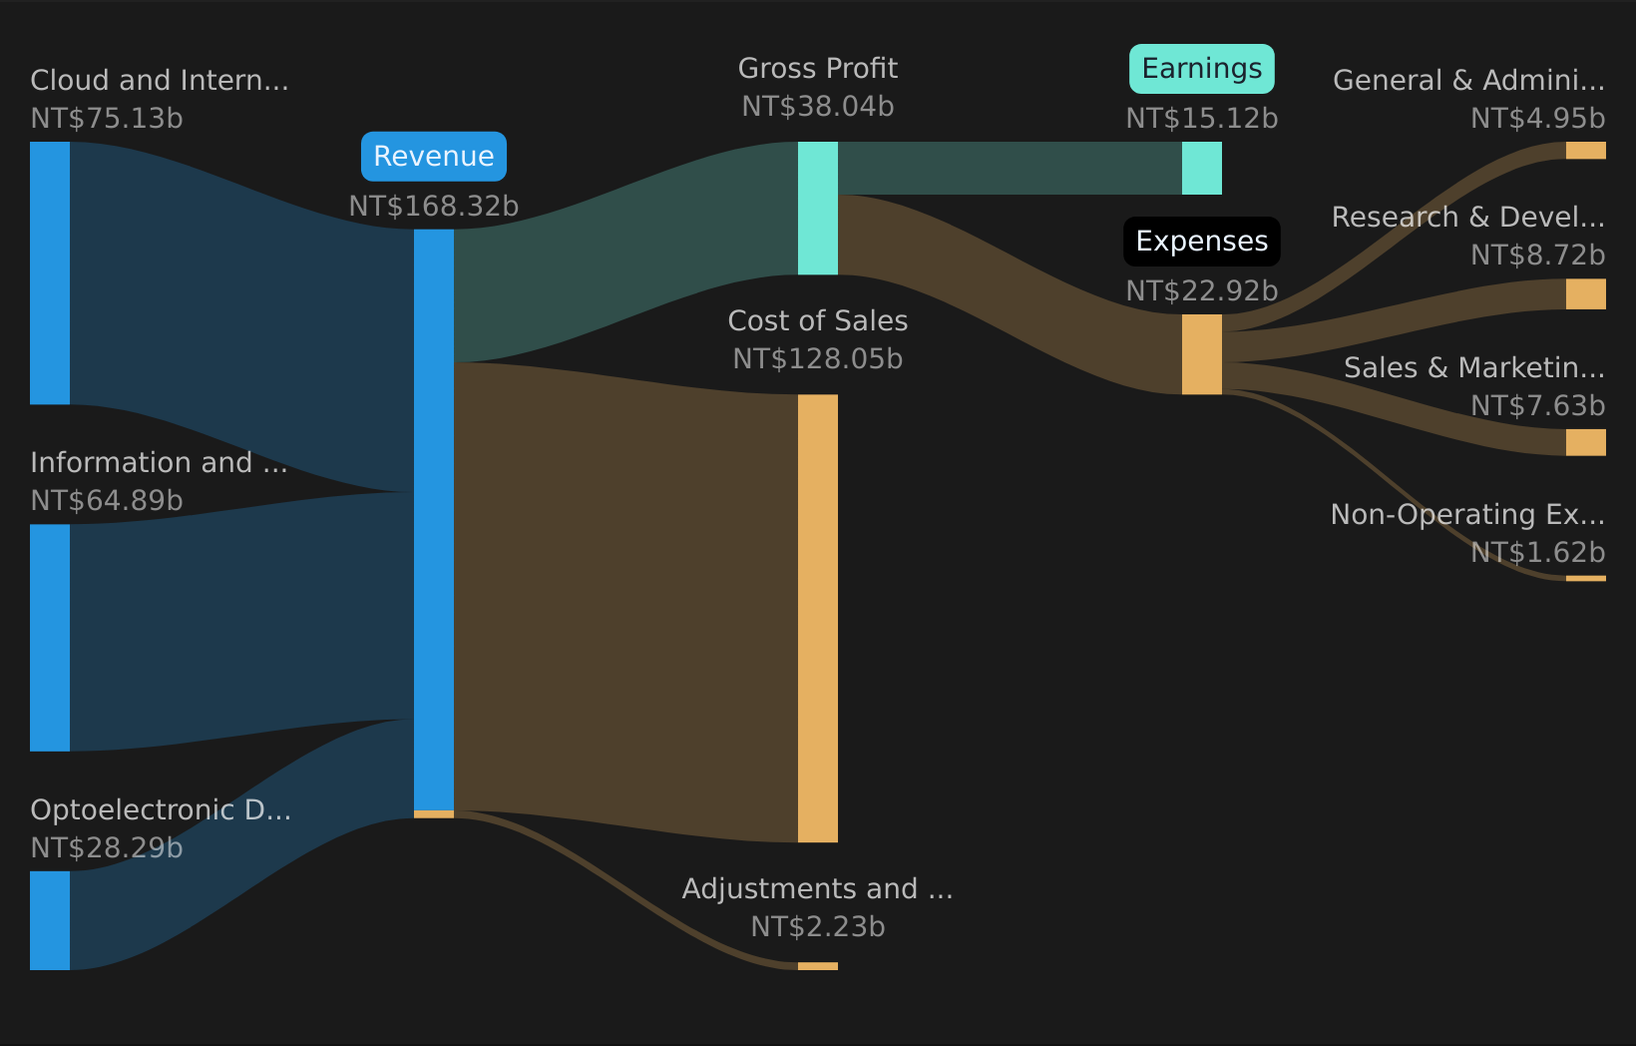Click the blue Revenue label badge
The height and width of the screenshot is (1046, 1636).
434,157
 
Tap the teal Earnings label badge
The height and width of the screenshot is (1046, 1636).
1201,69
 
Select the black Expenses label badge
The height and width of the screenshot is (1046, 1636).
1201,242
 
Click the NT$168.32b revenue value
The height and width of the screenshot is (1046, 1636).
434,207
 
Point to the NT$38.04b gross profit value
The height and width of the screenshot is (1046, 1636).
818,107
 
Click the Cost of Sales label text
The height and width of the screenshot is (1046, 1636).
818,320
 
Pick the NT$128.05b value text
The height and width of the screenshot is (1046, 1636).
818,359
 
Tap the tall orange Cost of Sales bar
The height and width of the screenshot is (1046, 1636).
818,619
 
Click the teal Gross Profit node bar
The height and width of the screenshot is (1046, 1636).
818,208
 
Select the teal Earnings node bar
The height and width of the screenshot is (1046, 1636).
1201,168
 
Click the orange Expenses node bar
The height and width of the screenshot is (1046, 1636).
1201,354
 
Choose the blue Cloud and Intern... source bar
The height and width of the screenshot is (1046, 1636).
50,272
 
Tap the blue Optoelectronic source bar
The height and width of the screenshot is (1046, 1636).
50,920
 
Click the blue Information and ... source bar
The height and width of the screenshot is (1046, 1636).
50,638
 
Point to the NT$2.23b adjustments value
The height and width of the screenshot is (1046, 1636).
818,927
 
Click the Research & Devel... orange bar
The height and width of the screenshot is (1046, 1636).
1585,294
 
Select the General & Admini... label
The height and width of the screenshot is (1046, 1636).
1468,81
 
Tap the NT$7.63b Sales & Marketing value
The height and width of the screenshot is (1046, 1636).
1537,406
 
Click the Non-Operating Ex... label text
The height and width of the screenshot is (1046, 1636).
1467,515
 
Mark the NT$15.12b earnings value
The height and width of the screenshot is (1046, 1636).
1201,119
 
